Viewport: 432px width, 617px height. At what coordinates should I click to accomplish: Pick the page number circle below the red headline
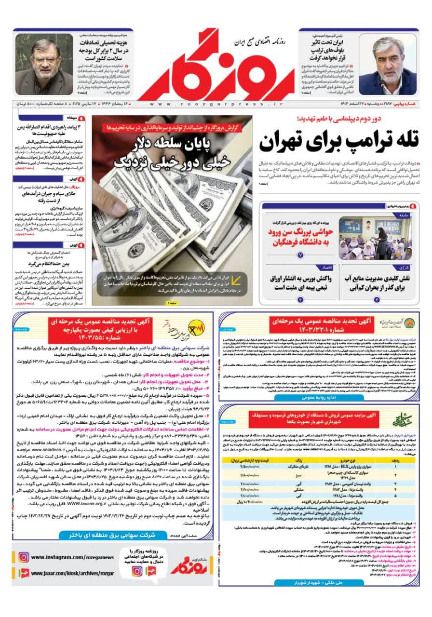tap(299, 254)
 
